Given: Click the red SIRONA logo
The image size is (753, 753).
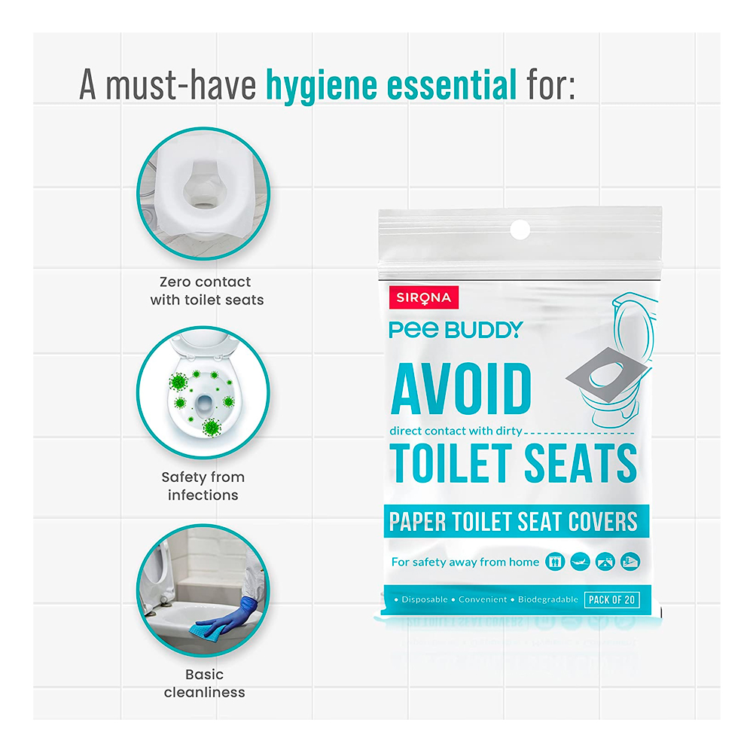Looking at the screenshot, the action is pos(423,297).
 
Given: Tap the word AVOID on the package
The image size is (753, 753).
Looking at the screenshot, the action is pos(461,389).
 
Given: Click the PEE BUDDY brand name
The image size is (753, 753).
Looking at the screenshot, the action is pos(456,330).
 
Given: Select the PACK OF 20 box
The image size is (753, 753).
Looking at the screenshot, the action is pos(611,600).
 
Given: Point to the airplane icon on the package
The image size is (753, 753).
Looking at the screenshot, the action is pos(580,562).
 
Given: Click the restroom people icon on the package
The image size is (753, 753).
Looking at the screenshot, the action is pos(555,562).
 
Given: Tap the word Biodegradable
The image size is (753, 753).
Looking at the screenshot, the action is pos(548,599).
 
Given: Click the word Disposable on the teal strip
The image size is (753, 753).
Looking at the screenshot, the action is pos(425,599).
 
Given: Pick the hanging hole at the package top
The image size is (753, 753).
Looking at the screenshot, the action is pos(520,230).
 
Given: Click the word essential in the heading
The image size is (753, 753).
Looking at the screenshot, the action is pos(451,84).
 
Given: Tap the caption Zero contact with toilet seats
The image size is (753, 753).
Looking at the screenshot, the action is pos(206,291).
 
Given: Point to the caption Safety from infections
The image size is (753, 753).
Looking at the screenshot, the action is pos(203,486).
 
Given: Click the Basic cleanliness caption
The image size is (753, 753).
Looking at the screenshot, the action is pos(205,684).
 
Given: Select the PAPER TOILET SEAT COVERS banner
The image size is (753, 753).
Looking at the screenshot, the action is pos(517,521).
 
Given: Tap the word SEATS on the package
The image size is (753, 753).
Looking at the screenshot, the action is pos(581,462).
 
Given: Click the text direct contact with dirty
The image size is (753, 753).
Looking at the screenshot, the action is pos(456,431).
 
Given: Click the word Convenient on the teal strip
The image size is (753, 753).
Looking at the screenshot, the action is pos(483,599).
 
